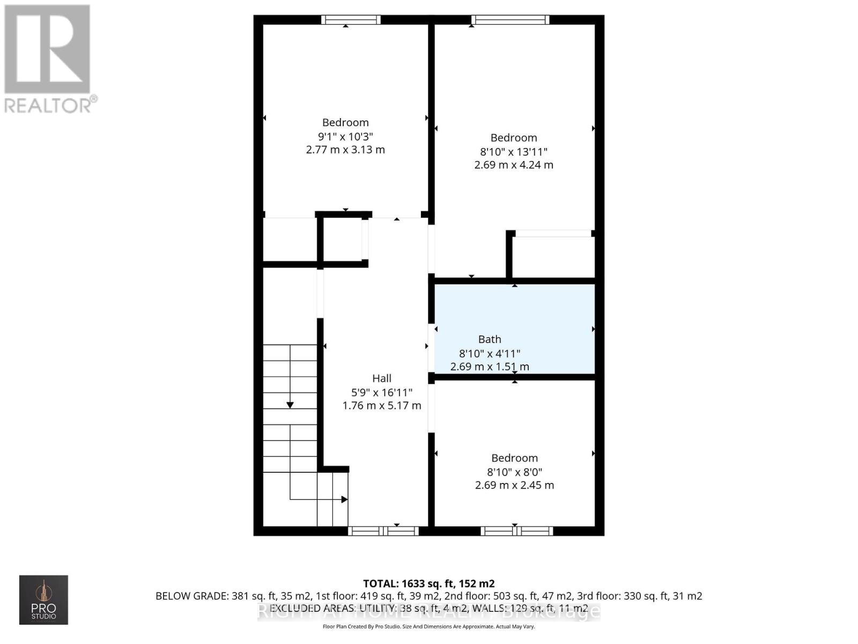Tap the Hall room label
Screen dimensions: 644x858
(382, 378)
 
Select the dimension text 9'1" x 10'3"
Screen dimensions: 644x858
(345, 136)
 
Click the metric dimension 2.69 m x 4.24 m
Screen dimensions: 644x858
(514, 165)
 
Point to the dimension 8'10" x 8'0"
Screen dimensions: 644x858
(514, 472)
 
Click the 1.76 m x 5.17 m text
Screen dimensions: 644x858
(382, 406)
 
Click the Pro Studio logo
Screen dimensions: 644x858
(43, 599)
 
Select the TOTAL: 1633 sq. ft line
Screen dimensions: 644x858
(428, 583)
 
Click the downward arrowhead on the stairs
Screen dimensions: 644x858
(290, 405)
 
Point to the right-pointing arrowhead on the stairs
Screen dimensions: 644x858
(344, 499)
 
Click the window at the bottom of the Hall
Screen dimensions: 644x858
(383, 531)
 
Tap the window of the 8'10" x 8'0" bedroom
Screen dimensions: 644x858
(516, 531)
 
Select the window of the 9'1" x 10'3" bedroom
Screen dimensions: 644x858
(351, 20)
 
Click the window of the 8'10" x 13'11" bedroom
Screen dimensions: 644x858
(510, 20)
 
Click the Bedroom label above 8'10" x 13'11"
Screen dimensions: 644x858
(514, 138)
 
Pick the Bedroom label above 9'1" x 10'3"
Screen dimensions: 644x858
(345, 122)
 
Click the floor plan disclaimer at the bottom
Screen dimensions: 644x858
(428, 626)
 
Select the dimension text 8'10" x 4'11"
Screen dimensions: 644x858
(490, 354)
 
